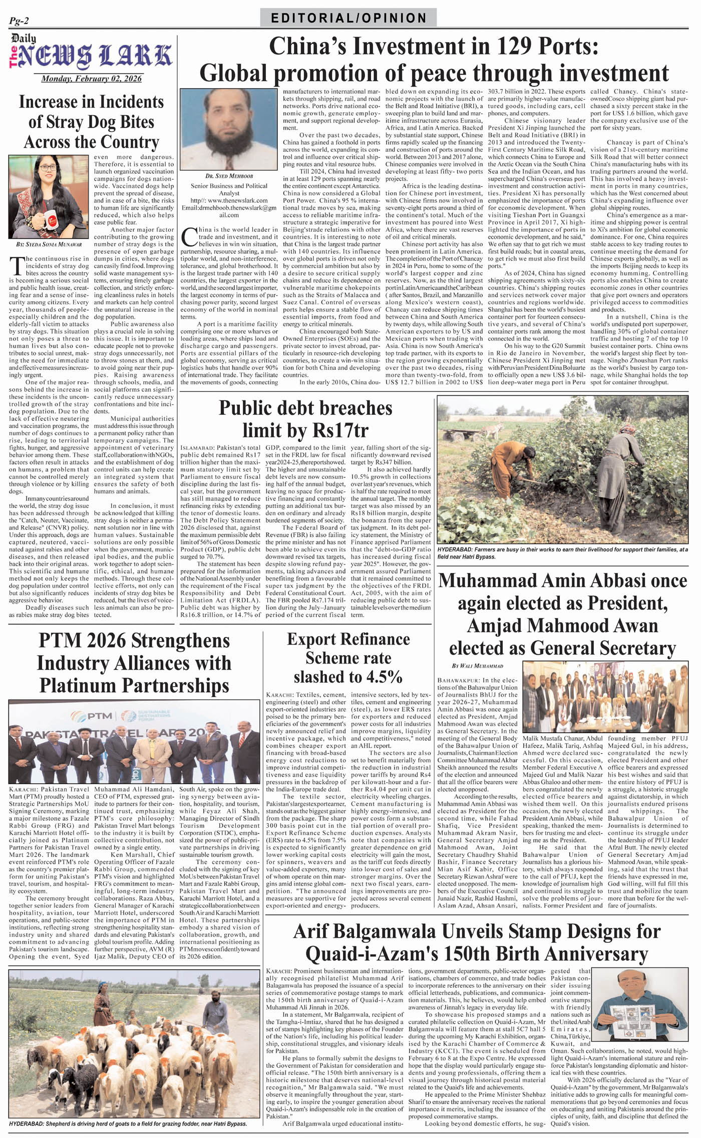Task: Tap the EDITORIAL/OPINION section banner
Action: [x=348, y=18]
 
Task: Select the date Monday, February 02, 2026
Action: [x=91, y=79]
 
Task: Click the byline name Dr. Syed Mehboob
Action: [x=222, y=176]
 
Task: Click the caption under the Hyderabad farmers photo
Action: [x=562, y=552]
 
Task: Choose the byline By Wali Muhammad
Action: [x=477, y=666]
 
